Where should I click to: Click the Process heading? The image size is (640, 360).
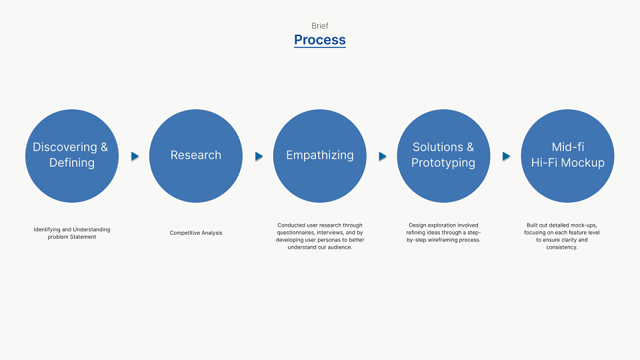pos(320,40)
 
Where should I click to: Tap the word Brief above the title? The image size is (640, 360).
pos(320,26)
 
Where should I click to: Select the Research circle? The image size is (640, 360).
pos(196,156)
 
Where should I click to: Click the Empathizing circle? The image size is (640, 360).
pos(319,156)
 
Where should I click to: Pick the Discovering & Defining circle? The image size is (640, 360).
pos(72,156)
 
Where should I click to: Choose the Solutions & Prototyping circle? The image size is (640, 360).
pos(444,156)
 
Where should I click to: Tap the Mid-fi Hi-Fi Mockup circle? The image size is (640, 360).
pos(568,156)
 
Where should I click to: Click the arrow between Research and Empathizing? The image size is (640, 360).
pos(259,156)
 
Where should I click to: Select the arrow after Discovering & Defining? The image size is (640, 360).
pos(135,156)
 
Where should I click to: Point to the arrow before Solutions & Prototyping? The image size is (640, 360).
pos(383,156)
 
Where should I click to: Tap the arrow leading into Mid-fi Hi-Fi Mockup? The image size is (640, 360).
pos(506,156)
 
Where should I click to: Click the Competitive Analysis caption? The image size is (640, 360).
pos(196,233)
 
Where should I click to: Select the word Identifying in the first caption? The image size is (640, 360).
pos(47,229)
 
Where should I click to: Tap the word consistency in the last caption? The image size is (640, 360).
pos(561,247)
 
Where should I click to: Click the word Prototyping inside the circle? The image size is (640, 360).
pos(443,163)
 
